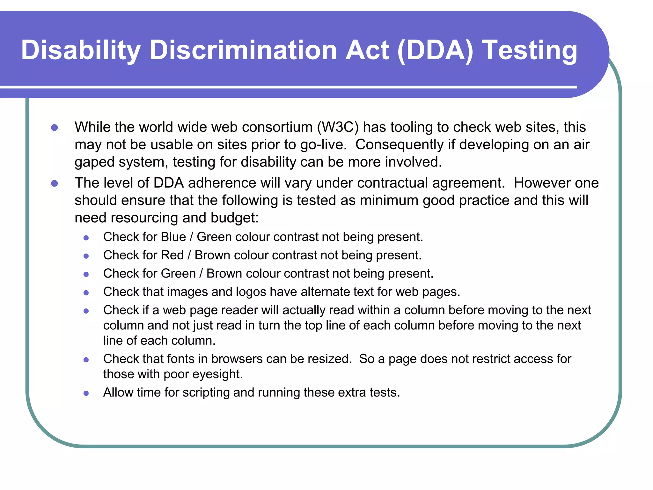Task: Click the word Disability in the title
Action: point(81,50)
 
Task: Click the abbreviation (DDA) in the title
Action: point(436,50)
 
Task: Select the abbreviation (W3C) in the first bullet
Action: point(338,127)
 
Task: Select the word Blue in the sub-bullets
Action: point(173,237)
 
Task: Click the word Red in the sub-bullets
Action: point(172,255)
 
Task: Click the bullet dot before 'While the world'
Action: point(55,128)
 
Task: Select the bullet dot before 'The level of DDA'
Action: point(55,183)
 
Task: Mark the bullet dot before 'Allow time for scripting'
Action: point(86,393)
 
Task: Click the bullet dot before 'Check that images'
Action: point(86,293)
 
